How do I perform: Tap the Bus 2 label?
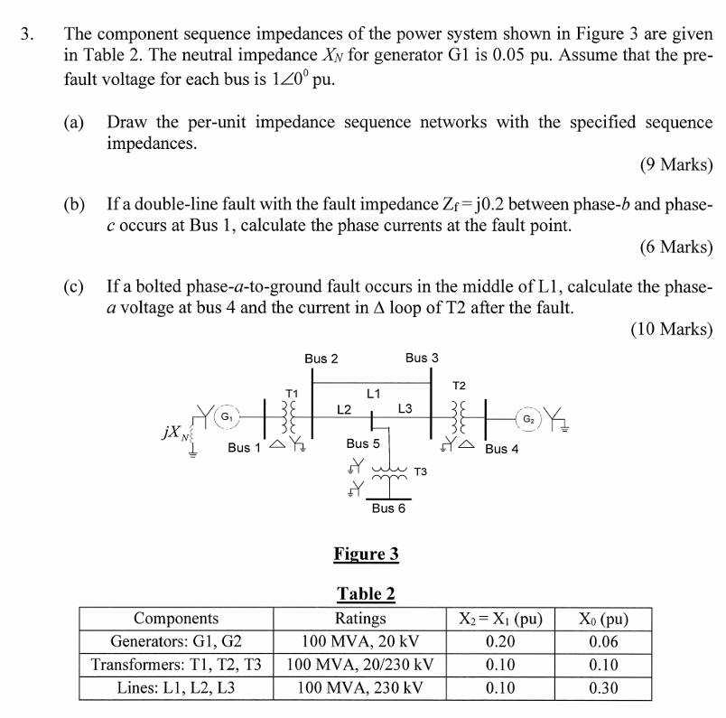pyautogui.click(x=321, y=359)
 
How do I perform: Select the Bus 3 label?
pyautogui.click(x=422, y=359)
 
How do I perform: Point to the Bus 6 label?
pyautogui.click(x=388, y=508)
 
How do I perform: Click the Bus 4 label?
pyautogui.click(x=502, y=449)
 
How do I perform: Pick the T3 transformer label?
pyautogui.click(x=421, y=471)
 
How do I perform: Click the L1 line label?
pyautogui.click(x=373, y=393)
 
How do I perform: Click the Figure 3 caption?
pyautogui.click(x=366, y=554)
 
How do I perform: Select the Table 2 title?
pyautogui.click(x=366, y=593)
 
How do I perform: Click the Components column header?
pyautogui.click(x=176, y=619)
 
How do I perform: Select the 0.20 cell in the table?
pyautogui.click(x=500, y=642)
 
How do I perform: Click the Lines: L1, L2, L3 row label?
pyautogui.click(x=176, y=688)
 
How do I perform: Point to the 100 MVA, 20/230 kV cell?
pyautogui.click(x=360, y=666)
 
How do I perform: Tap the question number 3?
pyautogui.click(x=28, y=36)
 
